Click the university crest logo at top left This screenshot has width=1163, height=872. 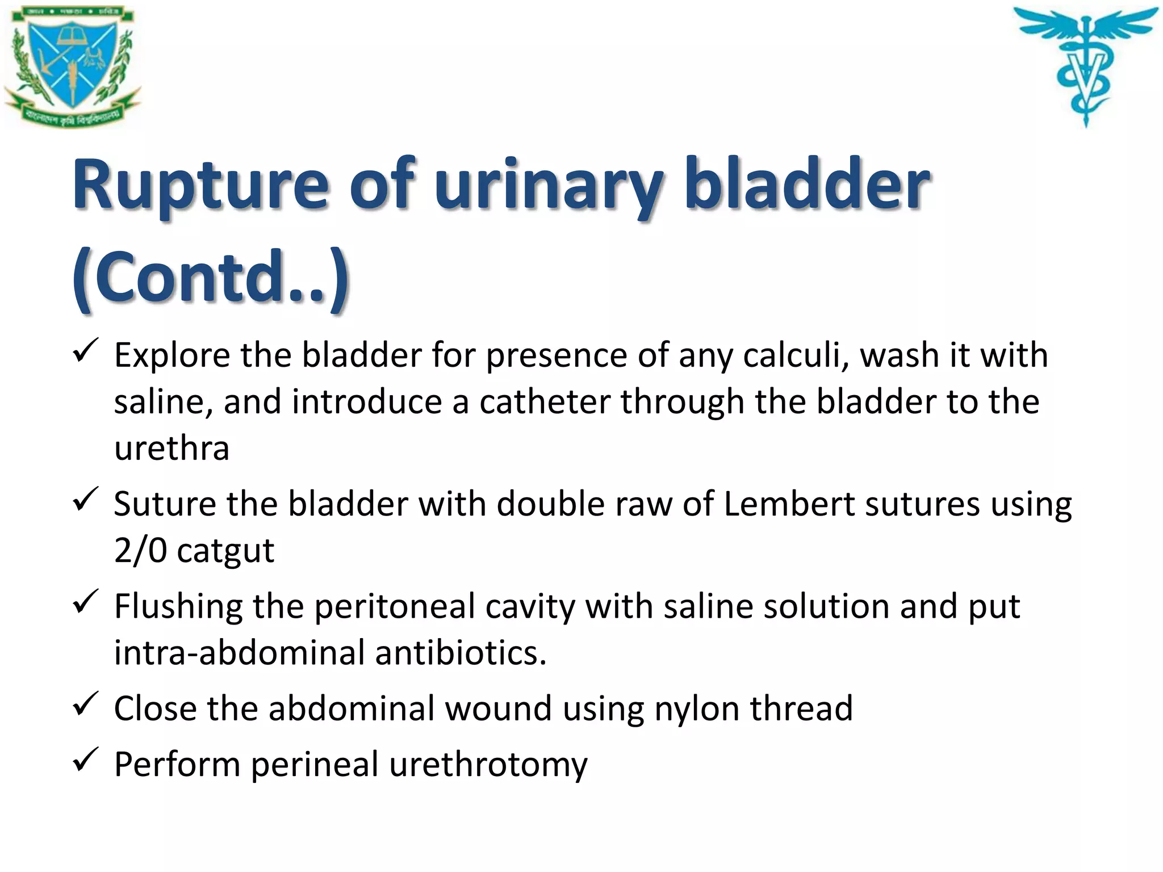(x=73, y=65)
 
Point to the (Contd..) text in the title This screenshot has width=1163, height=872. (x=210, y=278)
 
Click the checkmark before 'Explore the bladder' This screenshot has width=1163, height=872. (x=86, y=351)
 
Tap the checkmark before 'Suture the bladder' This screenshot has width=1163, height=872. (x=86, y=500)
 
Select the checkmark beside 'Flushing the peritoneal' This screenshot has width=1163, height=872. (x=86, y=602)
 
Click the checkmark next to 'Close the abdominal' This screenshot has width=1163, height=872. (x=86, y=705)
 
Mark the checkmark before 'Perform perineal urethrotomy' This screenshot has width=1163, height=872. (x=86, y=760)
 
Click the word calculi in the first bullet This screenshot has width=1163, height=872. (x=795, y=356)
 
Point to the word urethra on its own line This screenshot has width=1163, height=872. (x=171, y=449)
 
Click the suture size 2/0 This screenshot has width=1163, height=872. (x=140, y=551)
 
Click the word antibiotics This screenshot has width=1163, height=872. (x=460, y=653)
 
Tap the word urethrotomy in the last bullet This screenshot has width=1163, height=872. (x=488, y=765)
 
